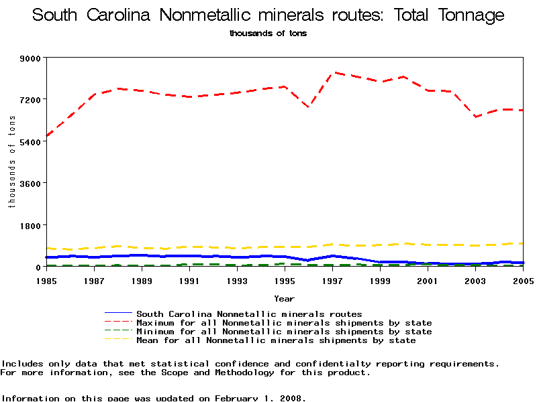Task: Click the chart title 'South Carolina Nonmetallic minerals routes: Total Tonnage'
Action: [x=268, y=15]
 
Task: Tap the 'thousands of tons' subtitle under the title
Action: [x=268, y=33]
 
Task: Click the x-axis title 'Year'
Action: [x=284, y=298]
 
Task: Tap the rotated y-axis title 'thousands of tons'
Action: [x=12, y=161]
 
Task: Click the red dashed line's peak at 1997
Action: [x=333, y=72]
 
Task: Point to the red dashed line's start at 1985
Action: [x=46, y=137]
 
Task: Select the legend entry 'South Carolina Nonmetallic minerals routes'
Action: [x=249, y=314]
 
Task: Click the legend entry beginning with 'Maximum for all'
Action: [x=284, y=323]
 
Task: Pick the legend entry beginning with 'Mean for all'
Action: [x=276, y=340]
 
